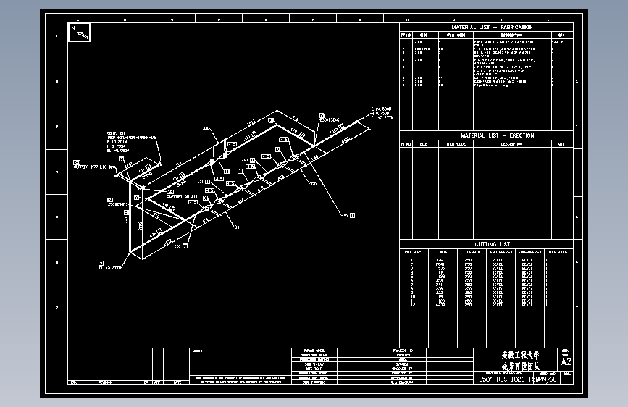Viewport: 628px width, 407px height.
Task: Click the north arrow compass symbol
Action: point(79,32)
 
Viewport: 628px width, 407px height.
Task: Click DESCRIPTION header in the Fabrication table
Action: point(511,35)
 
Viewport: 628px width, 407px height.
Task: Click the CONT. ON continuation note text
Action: point(116,133)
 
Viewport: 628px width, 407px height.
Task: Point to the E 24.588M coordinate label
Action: point(381,108)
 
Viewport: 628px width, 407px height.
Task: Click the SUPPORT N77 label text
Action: point(94,167)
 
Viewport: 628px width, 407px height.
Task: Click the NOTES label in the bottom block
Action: point(198,351)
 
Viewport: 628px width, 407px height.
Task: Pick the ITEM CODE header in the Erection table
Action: point(456,143)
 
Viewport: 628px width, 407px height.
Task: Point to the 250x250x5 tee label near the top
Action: point(330,119)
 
